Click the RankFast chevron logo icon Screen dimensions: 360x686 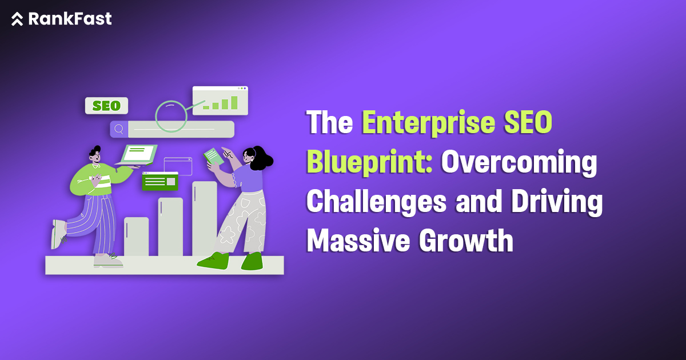(17, 19)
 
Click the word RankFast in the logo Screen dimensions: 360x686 (70, 19)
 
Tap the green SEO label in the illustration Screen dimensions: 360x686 (106, 106)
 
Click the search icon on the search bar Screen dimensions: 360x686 (119, 129)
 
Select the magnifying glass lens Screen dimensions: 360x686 (171, 117)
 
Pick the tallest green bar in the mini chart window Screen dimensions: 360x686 (233, 102)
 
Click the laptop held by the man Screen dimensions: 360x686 (137, 154)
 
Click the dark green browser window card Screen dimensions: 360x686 (159, 181)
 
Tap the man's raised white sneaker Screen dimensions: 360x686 (58, 234)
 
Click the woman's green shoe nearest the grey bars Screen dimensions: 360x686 (213, 260)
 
